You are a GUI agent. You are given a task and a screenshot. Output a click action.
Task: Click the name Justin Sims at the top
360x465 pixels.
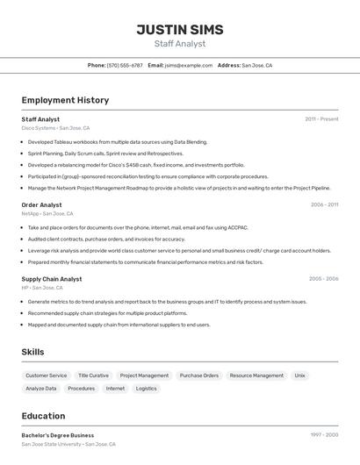(179, 29)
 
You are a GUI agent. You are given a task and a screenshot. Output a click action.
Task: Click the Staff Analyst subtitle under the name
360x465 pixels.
(179, 44)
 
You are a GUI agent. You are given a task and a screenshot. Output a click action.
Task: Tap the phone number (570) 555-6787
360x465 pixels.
(125, 65)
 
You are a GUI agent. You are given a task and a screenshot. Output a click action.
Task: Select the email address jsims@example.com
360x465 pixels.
(189, 65)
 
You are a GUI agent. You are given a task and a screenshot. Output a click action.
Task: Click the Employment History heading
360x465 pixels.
(65, 100)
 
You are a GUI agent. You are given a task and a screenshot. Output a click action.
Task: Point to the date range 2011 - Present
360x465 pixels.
(321, 119)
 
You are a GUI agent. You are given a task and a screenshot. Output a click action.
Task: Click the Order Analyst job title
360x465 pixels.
(41, 204)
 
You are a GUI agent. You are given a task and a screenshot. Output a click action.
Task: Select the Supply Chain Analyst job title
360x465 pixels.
(52, 279)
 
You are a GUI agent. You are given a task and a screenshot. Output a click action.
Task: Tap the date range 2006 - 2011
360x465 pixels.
(324, 204)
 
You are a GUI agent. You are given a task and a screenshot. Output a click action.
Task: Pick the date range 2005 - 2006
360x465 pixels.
(323, 279)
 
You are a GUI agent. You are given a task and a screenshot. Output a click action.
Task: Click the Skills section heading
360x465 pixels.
(33, 352)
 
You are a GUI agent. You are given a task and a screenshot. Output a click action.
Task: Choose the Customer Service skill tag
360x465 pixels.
(46, 376)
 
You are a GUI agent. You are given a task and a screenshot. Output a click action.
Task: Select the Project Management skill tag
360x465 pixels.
(144, 376)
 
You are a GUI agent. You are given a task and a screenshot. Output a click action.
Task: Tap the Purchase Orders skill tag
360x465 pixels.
(199, 376)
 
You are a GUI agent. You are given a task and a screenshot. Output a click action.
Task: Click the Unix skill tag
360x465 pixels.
(300, 376)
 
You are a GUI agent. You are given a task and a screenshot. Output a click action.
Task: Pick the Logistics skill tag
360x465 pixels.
(147, 389)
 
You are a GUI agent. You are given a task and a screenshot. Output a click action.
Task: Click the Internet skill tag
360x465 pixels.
(115, 389)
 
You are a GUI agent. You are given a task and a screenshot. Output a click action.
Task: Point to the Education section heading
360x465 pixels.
(43, 416)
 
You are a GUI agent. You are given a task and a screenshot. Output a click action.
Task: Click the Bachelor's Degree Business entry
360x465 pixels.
(58, 435)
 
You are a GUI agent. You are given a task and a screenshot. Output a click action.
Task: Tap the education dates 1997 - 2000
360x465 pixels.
(324, 435)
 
